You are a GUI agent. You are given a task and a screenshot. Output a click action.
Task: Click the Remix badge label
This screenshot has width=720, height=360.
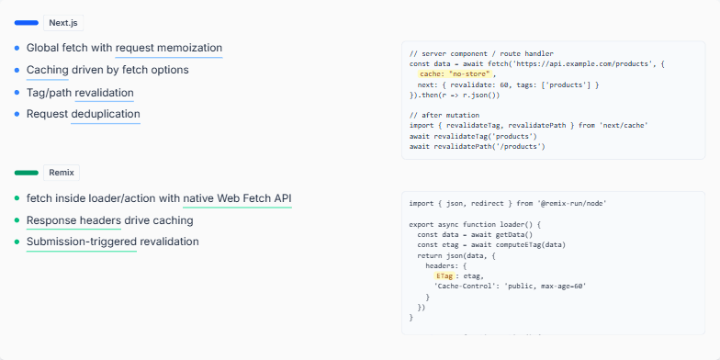(61, 173)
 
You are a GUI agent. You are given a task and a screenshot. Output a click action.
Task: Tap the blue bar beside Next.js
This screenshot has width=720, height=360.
(27, 22)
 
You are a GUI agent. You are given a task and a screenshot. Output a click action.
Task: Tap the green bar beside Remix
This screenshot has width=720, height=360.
(27, 173)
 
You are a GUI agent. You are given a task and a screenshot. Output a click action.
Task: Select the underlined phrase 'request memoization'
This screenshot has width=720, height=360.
(169, 48)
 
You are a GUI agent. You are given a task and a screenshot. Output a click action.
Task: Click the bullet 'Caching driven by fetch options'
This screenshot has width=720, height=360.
(107, 70)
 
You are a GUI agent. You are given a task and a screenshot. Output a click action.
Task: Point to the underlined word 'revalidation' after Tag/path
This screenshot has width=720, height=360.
(105, 92)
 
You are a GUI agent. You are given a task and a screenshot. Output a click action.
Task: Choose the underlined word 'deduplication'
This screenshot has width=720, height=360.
(106, 114)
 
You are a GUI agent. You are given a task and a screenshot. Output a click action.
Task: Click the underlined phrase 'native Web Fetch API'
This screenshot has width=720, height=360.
(237, 198)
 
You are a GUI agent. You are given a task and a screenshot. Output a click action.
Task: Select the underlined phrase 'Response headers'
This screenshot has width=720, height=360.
(73, 220)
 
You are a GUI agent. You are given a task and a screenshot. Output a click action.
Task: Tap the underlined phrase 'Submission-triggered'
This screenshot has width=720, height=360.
(81, 242)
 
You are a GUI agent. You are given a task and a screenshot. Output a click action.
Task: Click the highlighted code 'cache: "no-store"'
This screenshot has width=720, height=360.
(456, 73)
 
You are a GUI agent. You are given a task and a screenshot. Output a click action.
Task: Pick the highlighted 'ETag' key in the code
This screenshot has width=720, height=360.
(444, 275)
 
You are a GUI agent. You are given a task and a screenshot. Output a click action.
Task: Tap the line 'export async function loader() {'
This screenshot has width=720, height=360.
(477, 223)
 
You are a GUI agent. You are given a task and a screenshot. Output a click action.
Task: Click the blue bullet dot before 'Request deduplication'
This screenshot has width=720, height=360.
(17, 114)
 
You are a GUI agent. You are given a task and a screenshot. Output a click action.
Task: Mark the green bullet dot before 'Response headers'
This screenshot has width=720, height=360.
(17, 220)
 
